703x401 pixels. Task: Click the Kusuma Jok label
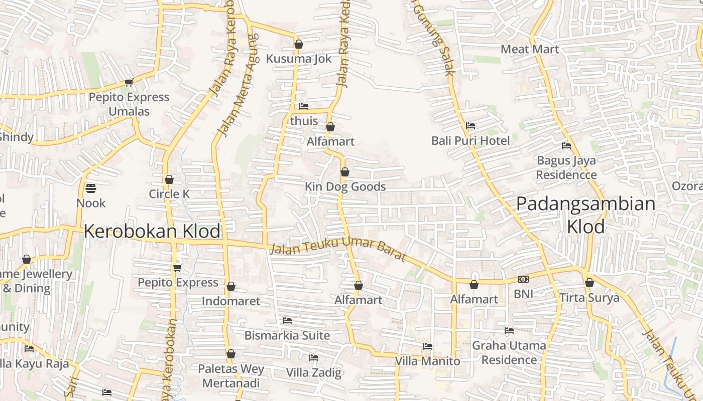pos(299,59)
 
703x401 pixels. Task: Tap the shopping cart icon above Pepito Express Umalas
pos(129,83)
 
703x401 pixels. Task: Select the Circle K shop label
pos(169,194)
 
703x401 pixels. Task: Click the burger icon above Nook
pos(91,188)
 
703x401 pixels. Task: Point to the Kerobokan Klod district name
pos(152,231)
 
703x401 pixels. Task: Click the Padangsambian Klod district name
pos(585,215)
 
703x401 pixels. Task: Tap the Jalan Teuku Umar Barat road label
pos(337,249)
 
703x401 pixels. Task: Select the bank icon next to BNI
pos(523,279)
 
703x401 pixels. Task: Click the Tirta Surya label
pos(590,298)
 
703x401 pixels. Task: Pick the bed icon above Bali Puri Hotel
pos(471,126)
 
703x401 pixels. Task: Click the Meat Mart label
pos(530,49)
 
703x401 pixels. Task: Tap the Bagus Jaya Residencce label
pos(566,167)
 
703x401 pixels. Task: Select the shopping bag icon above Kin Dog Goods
pos(345,172)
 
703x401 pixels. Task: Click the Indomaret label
pos(231,301)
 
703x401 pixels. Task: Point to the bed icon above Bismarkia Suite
pos(287,320)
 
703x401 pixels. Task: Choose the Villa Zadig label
pos(314,372)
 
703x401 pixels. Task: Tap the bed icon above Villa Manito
pos(428,346)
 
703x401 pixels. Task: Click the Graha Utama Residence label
pos(509,352)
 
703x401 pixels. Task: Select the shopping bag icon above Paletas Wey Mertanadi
pos(231,354)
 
